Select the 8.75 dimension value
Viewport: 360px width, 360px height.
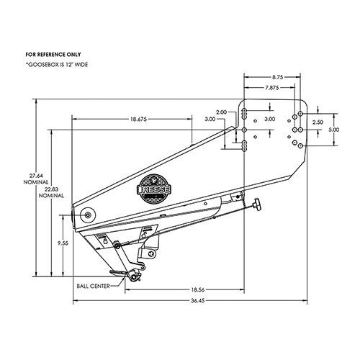(x=276, y=74)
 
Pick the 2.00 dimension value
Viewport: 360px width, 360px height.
(x=221, y=112)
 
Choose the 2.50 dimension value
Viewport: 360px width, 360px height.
(x=317, y=122)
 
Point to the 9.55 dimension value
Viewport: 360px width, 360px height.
(x=63, y=244)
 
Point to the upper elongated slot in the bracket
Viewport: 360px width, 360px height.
(x=246, y=113)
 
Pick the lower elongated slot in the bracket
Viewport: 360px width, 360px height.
(x=246, y=145)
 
